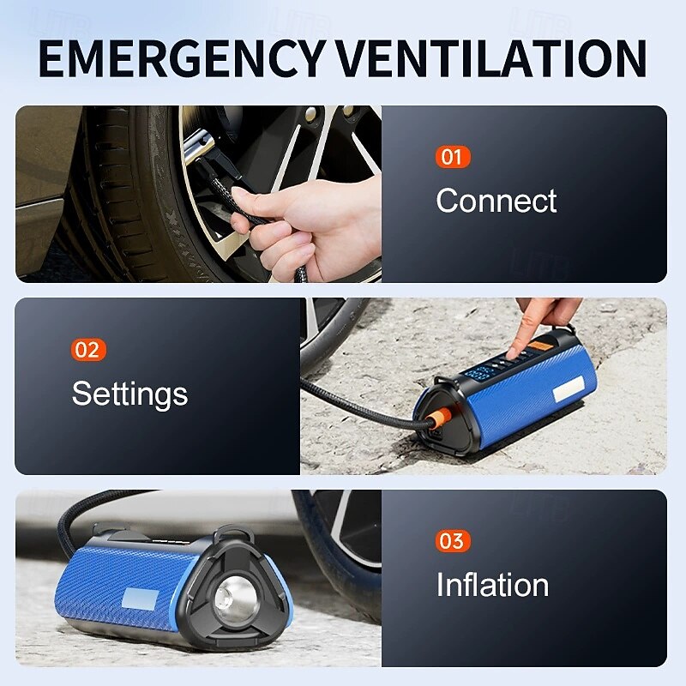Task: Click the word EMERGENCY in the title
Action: coord(182,58)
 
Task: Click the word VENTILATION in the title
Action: coord(490,58)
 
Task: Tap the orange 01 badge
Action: coord(453,157)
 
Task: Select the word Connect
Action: coord(496,201)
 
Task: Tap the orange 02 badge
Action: coord(89,349)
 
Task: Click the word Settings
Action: coord(129,394)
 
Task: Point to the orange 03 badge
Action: coord(452,541)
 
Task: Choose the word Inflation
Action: coord(492,585)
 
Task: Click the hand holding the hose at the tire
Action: coord(309,223)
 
